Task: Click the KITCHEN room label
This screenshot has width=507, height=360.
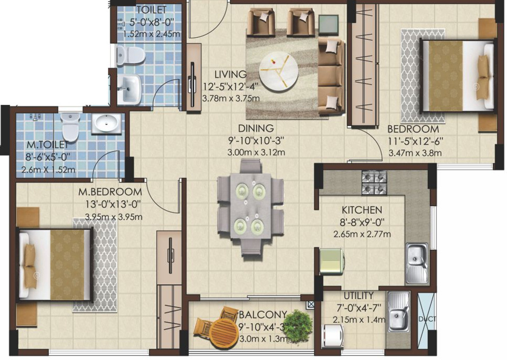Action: (x=362, y=210)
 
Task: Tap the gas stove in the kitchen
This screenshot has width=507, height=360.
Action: (x=374, y=183)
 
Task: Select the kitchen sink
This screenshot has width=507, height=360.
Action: (x=417, y=263)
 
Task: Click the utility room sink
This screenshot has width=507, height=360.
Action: (x=398, y=311)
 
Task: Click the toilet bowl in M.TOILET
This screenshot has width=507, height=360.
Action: (x=70, y=127)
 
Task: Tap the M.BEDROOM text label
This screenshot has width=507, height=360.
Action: (x=109, y=192)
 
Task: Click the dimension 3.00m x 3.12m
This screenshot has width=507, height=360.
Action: (x=256, y=152)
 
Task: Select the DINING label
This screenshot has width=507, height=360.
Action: (x=256, y=128)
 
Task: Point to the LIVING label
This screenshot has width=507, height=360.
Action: (x=231, y=75)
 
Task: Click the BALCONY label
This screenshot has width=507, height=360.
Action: (x=262, y=314)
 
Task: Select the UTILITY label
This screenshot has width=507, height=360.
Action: (x=358, y=296)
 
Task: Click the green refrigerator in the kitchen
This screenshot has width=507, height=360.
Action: (x=332, y=261)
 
